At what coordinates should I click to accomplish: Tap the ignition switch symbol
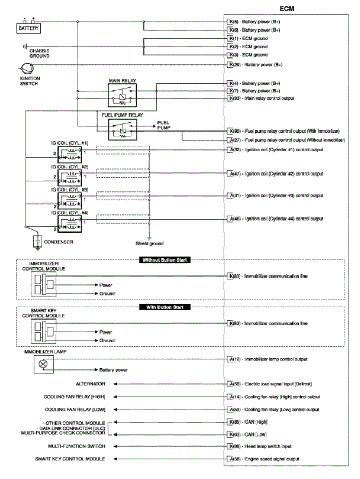(x=25, y=68)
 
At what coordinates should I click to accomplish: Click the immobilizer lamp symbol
(x=44, y=364)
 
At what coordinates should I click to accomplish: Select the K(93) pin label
(x=233, y=98)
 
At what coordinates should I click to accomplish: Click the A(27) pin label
(x=233, y=139)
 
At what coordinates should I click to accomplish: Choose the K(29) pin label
(x=233, y=65)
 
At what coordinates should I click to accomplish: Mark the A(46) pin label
(x=233, y=219)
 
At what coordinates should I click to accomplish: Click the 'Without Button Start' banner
(x=165, y=260)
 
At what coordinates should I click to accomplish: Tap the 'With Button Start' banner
(x=165, y=307)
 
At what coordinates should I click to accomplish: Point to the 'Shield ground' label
(x=149, y=243)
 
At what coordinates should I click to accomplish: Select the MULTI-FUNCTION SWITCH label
(x=77, y=446)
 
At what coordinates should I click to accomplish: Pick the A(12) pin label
(x=233, y=359)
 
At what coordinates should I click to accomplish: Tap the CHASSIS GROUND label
(x=39, y=53)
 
